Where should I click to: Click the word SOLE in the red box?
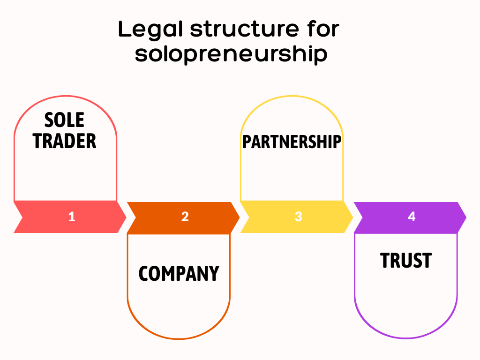point(65,120)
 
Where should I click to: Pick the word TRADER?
point(65,141)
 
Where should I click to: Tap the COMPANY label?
point(179,274)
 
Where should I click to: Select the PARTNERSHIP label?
point(292,142)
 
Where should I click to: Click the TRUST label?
point(405,261)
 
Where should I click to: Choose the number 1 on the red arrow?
point(72,217)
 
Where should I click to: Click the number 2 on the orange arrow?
point(185,217)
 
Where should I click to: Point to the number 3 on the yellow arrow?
point(299,217)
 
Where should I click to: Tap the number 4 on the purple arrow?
point(412,217)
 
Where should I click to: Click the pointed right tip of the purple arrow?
point(465,217)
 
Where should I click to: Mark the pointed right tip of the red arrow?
point(126,217)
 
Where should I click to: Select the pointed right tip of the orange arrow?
point(239,217)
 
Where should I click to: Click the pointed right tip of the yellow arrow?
point(352,217)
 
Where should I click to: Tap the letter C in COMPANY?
point(144,274)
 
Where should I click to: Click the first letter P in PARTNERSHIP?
point(247,142)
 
